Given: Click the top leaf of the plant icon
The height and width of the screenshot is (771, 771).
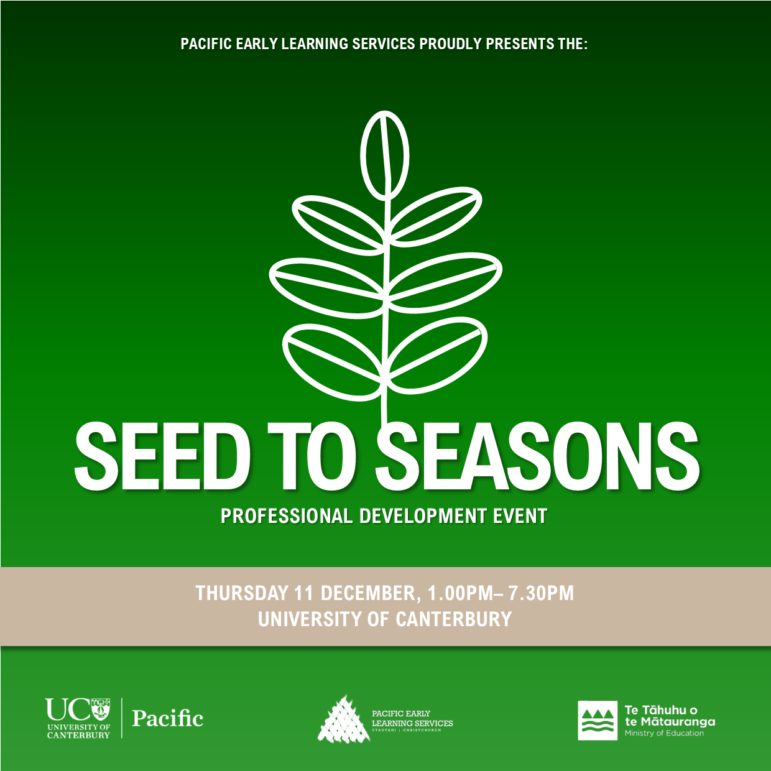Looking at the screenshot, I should click(385, 155).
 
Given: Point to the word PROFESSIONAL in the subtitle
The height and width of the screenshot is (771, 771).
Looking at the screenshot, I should click(287, 516).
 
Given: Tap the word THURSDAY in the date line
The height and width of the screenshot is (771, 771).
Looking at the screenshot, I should click(242, 593).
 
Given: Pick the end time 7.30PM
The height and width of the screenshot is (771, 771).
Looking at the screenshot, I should click(541, 593).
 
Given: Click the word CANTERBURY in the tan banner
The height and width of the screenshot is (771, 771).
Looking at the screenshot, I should click(454, 619).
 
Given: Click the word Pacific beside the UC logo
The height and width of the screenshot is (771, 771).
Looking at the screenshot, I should click(168, 719).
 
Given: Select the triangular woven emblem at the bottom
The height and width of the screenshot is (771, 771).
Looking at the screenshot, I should click(343, 720).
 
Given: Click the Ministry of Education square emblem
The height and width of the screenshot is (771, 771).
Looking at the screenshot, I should click(598, 721).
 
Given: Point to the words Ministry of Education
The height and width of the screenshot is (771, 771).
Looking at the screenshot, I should click(664, 734).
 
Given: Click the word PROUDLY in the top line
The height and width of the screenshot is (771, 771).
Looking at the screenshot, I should click(451, 44).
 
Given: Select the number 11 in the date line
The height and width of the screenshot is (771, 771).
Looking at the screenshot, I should click(303, 593).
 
